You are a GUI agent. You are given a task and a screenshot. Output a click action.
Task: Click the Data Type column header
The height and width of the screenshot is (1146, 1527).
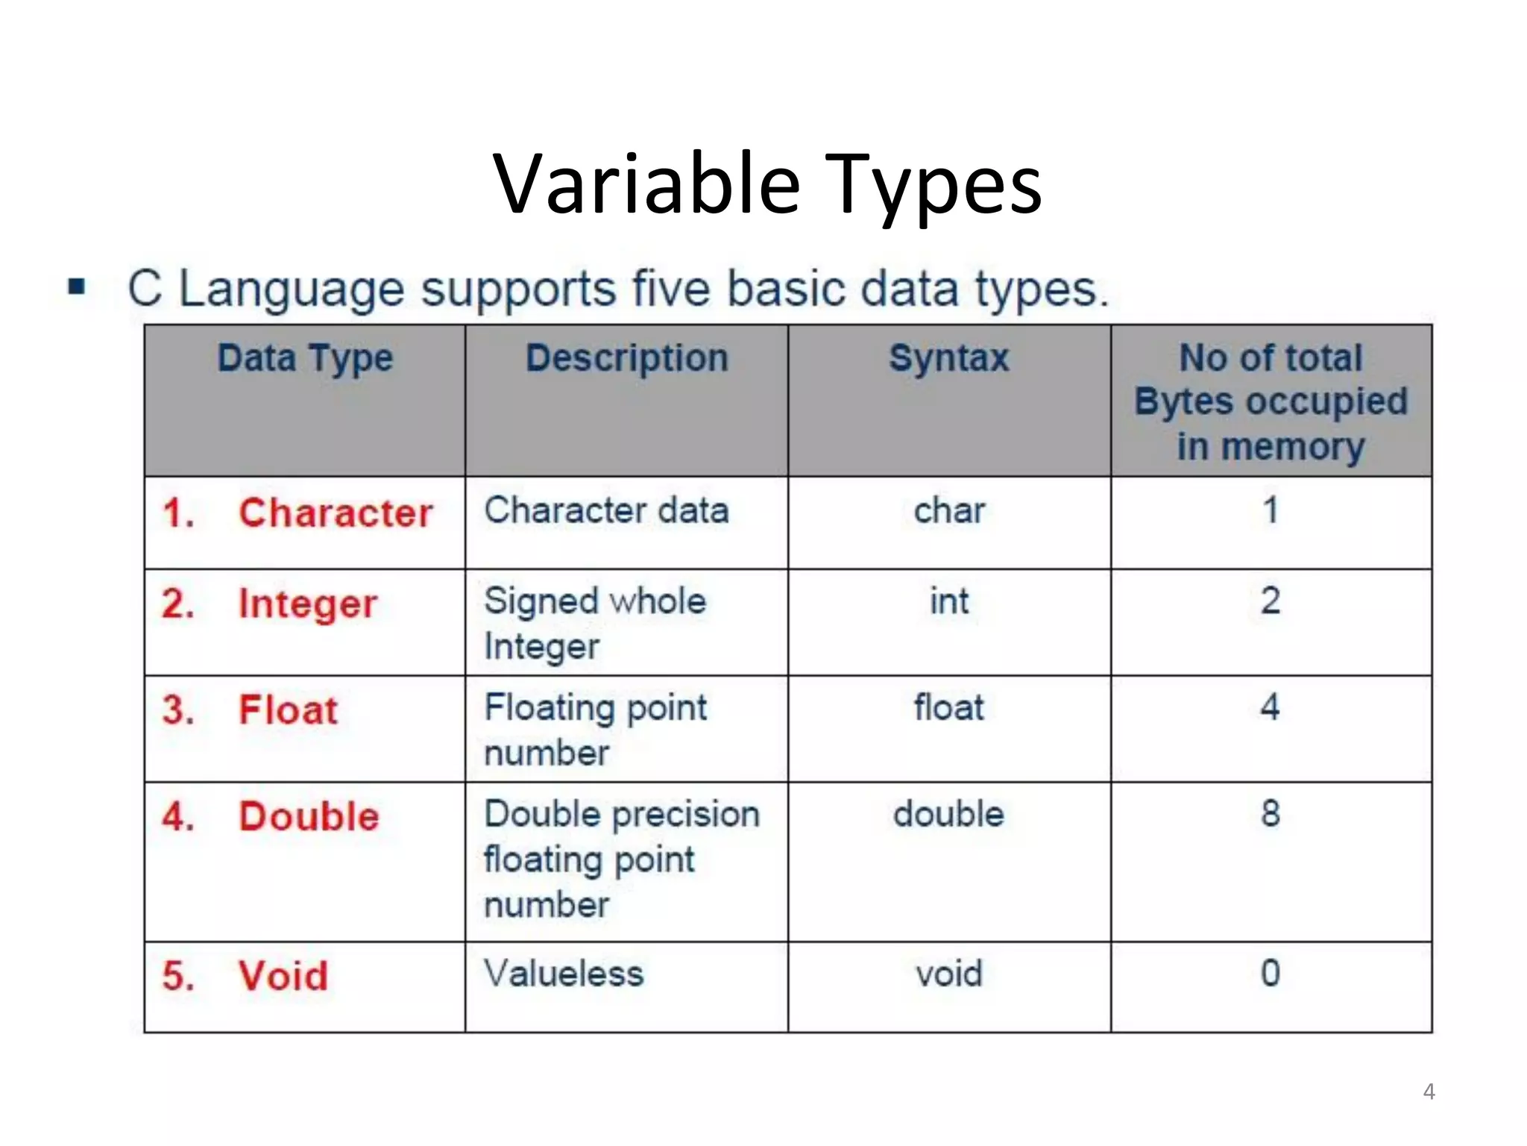tap(305, 359)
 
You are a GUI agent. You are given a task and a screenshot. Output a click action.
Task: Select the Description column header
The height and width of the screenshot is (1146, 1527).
tap(626, 358)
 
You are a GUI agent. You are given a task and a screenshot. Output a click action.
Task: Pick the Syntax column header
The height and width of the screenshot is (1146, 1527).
tap(948, 358)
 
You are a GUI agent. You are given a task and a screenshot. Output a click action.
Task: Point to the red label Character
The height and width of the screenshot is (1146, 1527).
tap(336, 513)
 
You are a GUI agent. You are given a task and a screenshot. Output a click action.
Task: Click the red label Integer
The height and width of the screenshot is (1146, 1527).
tap(307, 604)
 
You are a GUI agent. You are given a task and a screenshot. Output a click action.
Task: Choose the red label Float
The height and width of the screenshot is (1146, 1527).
tap(288, 710)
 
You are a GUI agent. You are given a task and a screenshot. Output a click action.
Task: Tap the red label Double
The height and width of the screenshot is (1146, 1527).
tap(309, 816)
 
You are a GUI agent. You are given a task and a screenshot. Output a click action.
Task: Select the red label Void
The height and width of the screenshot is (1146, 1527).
tap(283, 976)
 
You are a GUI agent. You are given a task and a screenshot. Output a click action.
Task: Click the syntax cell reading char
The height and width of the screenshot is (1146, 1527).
tap(949, 511)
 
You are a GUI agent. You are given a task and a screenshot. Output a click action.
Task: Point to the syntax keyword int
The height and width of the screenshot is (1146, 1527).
tap(949, 601)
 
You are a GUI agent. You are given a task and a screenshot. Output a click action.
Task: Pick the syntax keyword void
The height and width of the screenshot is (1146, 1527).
tap(949, 974)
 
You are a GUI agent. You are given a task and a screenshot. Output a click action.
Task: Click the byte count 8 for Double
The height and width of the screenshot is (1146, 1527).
tap(1271, 813)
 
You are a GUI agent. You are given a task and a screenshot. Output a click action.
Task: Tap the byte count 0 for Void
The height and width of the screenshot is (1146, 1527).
tap(1271, 973)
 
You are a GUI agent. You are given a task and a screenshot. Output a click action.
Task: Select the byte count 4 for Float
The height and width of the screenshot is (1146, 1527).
tap(1271, 707)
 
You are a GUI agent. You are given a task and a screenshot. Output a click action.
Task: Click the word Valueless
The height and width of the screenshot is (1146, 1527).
tap(564, 974)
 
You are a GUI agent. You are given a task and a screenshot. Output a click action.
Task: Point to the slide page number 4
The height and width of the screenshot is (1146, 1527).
tap(1429, 1092)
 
